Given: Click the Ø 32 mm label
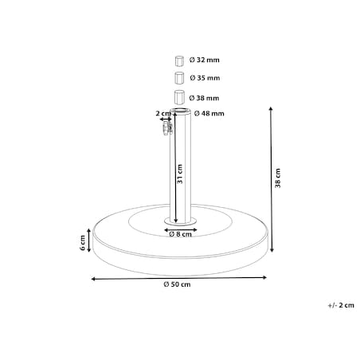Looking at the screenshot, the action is [205, 60].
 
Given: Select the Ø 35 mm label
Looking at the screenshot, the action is [205, 78].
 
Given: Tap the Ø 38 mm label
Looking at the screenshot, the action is [204, 98].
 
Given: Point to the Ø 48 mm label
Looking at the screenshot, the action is [209, 114].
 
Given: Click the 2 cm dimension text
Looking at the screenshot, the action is [163, 113].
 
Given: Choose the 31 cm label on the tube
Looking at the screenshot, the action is [180, 174].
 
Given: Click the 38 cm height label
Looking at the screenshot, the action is [278, 178].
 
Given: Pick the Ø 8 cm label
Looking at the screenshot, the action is [180, 234].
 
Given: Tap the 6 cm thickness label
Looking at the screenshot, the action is [83, 243].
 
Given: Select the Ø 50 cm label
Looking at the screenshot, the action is [177, 284].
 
